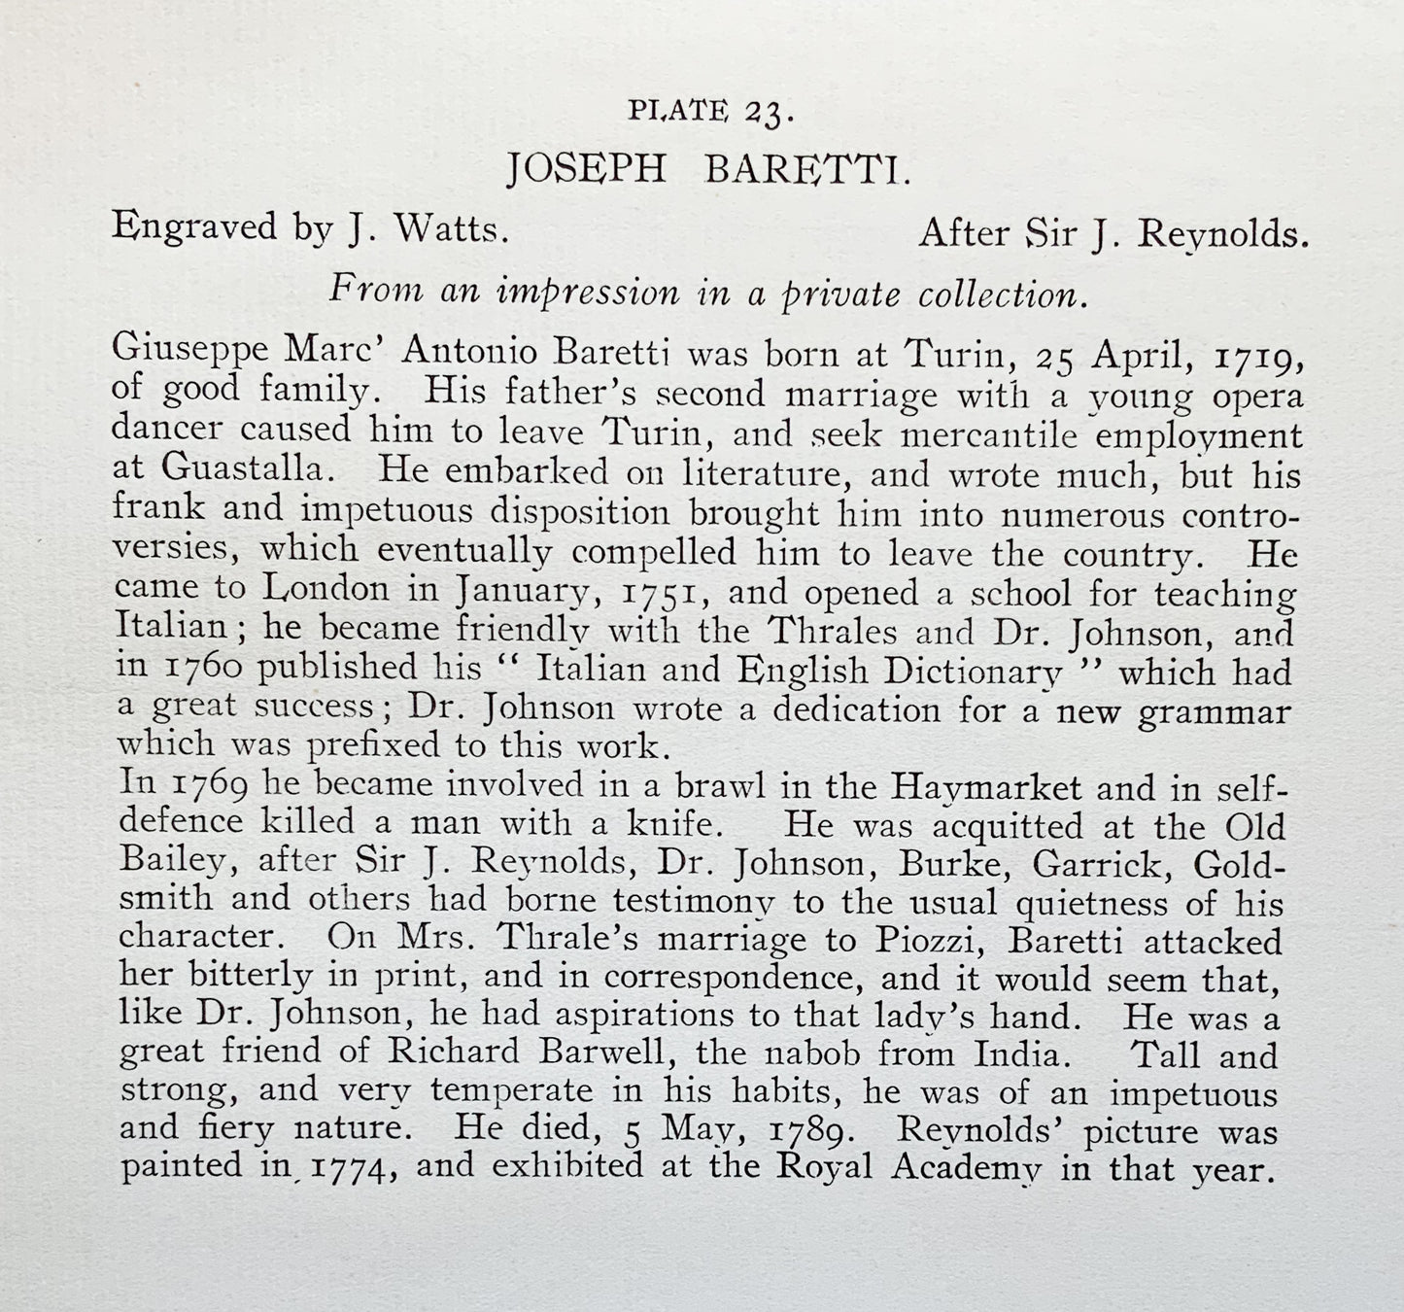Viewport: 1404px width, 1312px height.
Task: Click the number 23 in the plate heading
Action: click(768, 114)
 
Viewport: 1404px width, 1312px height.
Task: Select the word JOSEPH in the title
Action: click(586, 170)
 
